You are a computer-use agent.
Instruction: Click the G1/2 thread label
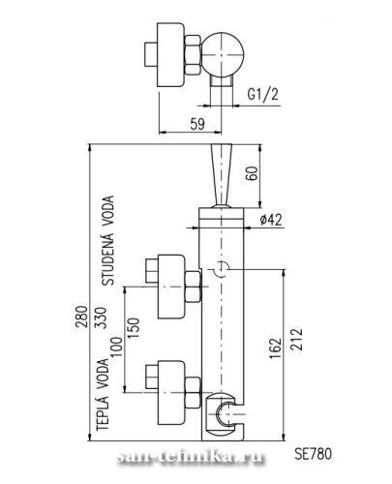[262, 95]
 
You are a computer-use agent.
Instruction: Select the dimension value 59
[197, 124]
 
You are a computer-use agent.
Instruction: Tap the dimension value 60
[252, 173]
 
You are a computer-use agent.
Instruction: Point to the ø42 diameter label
[271, 220]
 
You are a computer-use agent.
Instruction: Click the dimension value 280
[81, 317]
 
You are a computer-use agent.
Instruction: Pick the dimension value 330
[101, 318]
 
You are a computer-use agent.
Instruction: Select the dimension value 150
[134, 328]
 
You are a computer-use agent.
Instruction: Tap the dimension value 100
[117, 347]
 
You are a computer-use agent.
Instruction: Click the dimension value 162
[275, 348]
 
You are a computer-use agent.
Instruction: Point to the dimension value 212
[296, 339]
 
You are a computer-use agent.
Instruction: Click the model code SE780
[313, 454]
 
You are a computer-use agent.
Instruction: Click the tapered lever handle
[222, 175]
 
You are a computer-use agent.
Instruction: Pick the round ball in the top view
[222, 54]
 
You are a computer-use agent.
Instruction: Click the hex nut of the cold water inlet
[193, 287]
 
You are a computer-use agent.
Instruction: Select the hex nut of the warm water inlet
[193, 393]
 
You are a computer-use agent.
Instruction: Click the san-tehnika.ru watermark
[191, 457]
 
